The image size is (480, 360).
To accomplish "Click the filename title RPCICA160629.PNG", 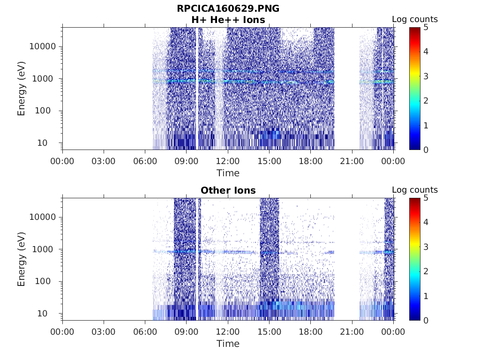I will click(228, 8).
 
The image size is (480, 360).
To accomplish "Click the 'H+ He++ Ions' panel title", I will click(228, 20).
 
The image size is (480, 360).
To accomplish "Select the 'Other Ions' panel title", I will click(228, 190).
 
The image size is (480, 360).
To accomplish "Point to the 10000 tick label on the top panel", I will click(42, 46).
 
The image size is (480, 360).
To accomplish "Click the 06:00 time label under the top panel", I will click(145, 161).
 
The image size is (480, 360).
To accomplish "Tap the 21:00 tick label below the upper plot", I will click(352, 161).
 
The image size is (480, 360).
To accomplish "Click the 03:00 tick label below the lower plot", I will click(104, 332).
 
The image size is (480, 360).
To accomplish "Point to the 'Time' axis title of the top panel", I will click(228, 173).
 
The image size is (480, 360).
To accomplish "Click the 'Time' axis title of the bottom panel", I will click(228, 344).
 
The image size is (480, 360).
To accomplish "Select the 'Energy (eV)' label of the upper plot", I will click(22, 89).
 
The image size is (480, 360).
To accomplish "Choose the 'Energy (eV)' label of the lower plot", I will click(22, 259).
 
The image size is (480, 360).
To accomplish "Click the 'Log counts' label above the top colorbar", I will click(414, 19).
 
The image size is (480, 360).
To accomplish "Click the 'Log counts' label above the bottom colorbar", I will click(414, 190).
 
